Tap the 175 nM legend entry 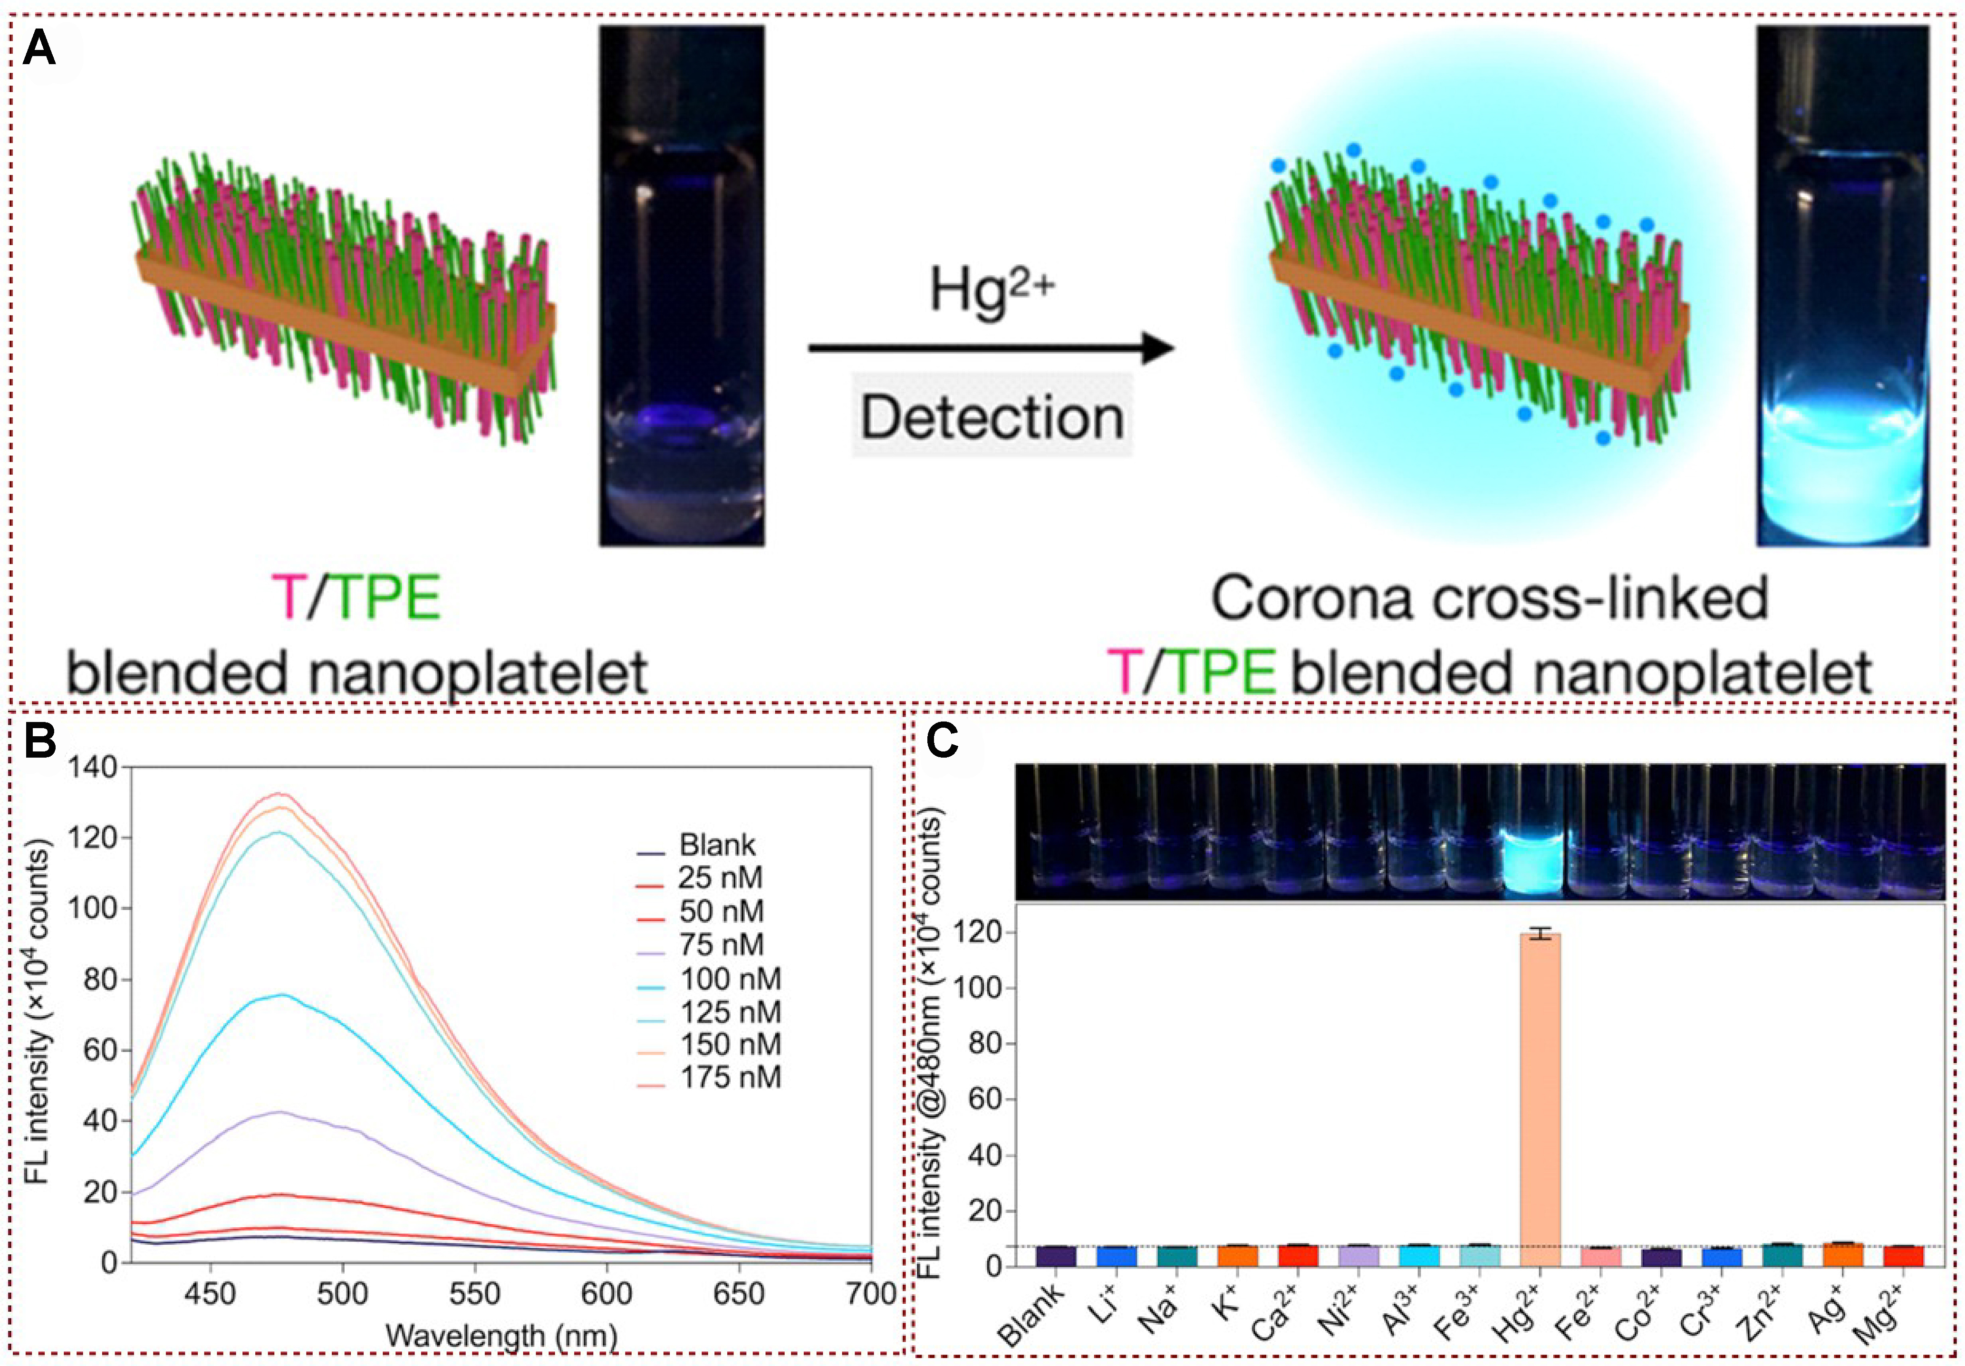pos(729,1077)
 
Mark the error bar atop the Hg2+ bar pos(1540,934)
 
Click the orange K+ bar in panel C pos(1238,1256)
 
